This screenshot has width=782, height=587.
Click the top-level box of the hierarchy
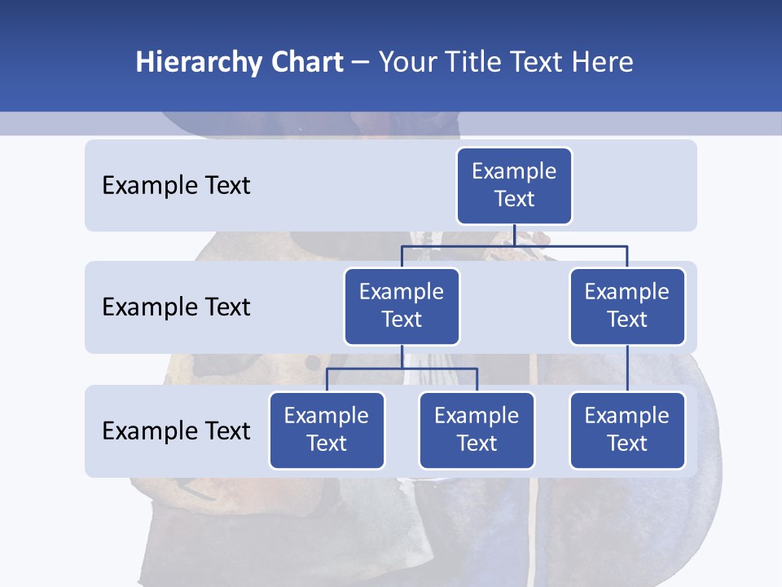[x=514, y=186]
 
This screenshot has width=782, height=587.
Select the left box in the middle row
[x=402, y=307]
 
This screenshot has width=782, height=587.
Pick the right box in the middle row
[x=627, y=307]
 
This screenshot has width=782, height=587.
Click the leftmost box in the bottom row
[x=327, y=430]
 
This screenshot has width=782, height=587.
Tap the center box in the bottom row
[x=477, y=430]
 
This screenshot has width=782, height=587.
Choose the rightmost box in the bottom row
[x=627, y=430]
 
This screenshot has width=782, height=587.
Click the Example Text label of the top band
[x=176, y=186]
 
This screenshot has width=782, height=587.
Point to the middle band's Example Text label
[x=176, y=307]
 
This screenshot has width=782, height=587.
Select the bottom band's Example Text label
[x=176, y=430]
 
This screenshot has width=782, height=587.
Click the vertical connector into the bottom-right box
[x=627, y=369]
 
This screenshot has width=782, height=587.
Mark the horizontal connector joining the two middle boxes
[x=514, y=245]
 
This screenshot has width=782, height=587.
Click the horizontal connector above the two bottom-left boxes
[x=402, y=369]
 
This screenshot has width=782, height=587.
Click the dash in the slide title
[x=361, y=63]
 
